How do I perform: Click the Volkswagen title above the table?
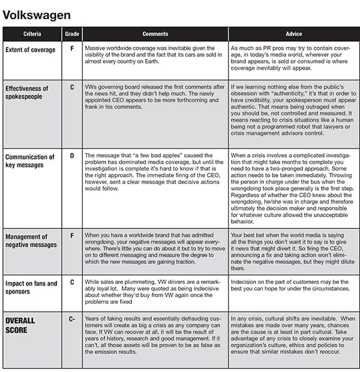tap(37, 14)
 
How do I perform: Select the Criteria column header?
tap(32, 34)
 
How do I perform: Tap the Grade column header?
tap(72, 34)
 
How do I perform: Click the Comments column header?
tap(155, 34)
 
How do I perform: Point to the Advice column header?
tap(294, 34)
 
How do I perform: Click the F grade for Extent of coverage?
tap(72, 47)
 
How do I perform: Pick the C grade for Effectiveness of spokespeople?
tap(72, 88)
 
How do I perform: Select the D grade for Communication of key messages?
tap(72, 156)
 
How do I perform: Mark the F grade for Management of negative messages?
tap(72, 236)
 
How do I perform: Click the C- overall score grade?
tap(72, 319)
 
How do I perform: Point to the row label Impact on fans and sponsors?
tap(31, 287)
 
